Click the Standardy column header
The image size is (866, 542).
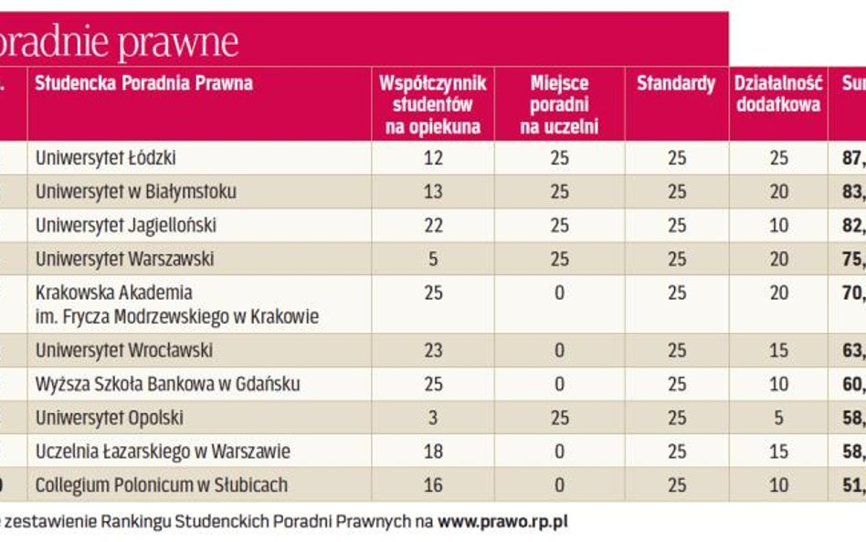676,84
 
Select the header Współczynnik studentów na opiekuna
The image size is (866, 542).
433,105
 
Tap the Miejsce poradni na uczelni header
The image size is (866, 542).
559,105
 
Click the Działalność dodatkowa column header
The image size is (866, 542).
778,94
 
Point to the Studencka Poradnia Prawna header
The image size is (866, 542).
143,84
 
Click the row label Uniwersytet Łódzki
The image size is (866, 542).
105,158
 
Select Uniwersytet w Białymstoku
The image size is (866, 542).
135,192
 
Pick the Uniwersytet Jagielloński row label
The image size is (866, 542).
126,225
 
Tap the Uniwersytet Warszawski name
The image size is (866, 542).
124,259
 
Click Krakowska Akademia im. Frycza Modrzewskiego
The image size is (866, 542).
176,305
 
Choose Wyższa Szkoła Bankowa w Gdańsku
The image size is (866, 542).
167,384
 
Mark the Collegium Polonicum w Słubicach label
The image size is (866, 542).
161,484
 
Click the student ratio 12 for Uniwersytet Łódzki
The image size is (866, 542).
433,158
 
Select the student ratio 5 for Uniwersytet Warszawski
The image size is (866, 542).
433,259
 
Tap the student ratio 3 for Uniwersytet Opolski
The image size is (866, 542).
433,418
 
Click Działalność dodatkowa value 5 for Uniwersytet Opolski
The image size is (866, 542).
778,418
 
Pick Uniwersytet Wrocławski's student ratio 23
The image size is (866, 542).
433,350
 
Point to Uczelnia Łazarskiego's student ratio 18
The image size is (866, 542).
433,452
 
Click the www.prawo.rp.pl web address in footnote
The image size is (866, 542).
502,522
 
